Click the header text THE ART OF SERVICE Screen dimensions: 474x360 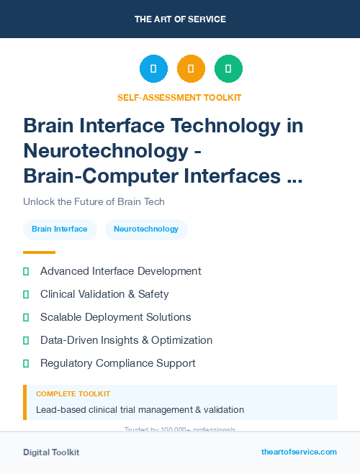(x=180, y=19)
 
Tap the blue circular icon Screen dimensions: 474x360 (x=153, y=69)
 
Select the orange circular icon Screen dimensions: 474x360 (x=191, y=69)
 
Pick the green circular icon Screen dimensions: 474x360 (x=228, y=69)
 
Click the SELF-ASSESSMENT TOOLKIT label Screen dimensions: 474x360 (x=179, y=97)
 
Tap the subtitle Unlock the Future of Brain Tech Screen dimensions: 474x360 (x=94, y=201)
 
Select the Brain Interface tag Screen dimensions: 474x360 (x=60, y=229)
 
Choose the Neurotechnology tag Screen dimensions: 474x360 (x=146, y=229)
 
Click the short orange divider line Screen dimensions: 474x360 (x=39, y=252)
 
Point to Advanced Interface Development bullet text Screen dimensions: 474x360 (x=120, y=271)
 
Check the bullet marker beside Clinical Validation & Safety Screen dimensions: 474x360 (x=26, y=294)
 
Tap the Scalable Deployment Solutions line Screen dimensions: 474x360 (x=115, y=317)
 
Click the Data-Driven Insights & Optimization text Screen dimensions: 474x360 (x=126, y=340)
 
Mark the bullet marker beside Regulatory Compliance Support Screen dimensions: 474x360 (x=26, y=363)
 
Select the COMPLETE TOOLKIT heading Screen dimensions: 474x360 (x=73, y=394)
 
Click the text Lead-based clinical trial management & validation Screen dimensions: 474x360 (x=140, y=410)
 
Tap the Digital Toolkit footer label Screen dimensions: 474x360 (x=51, y=452)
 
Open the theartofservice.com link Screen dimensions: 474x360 (x=299, y=452)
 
